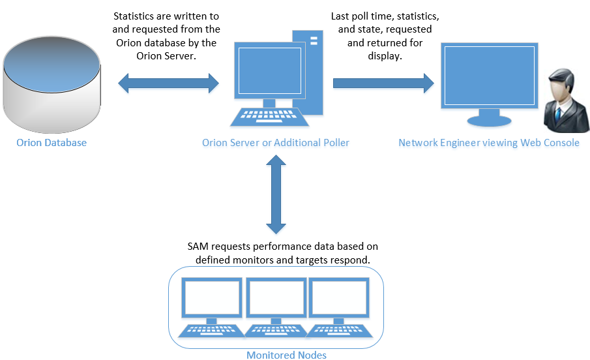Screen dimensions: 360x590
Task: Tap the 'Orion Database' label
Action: (51, 142)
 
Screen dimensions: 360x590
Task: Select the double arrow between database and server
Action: (168, 83)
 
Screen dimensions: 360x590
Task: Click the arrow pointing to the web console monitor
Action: (383, 83)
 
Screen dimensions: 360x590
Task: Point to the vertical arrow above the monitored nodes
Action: (276, 196)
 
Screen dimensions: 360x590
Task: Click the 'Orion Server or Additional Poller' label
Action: (276, 142)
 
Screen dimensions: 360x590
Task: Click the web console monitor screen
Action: (489, 75)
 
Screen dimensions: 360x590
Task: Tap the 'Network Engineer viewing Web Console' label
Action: (489, 142)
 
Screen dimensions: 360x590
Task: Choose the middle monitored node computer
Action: (276, 307)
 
